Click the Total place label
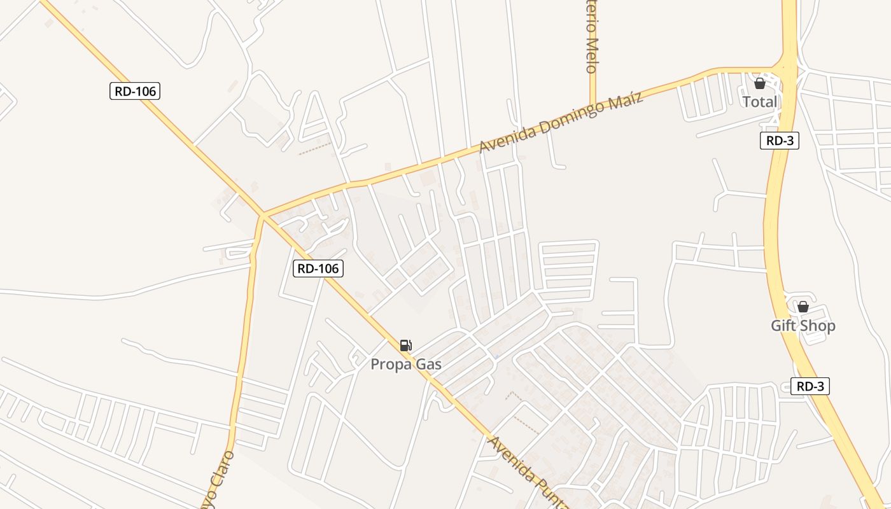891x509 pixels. (760, 102)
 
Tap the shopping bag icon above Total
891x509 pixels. (759, 83)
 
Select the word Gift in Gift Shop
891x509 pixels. (783, 326)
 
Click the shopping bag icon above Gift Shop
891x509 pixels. (803, 307)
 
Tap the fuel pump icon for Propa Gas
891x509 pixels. (405, 345)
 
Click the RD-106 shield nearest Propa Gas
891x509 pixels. (318, 268)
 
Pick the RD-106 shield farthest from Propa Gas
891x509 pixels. (134, 91)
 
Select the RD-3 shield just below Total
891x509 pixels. (779, 141)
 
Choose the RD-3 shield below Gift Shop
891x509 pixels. (810, 386)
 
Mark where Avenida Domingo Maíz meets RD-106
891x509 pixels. (262, 216)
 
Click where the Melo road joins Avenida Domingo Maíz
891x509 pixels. (593, 104)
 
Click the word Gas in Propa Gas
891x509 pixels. (428, 365)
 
